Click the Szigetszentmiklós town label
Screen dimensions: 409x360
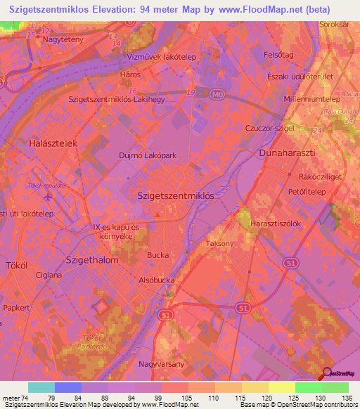click(175, 197)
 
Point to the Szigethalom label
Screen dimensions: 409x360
click(91, 259)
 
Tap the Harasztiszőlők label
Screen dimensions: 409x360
click(276, 224)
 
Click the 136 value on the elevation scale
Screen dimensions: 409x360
click(347, 397)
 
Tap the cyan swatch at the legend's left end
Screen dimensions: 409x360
click(41, 387)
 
